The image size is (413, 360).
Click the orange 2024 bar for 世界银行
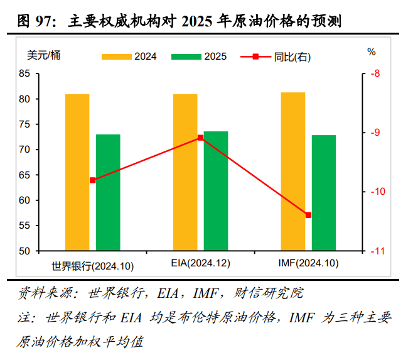pos(77,172)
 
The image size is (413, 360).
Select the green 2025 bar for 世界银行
pos(108,192)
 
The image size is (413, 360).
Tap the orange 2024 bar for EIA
pos(185,172)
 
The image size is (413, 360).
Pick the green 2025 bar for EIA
pos(216,191)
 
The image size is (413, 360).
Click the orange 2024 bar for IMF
pos(293,172)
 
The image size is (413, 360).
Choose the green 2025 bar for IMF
pos(324,193)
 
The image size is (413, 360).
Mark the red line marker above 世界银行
pos(93,180)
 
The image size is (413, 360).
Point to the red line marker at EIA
pos(201,138)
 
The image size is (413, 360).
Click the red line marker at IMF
pos(308,215)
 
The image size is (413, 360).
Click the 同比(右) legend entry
pos(276,57)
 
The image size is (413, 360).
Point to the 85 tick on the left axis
pos(25,74)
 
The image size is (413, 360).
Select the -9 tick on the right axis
pos(377,133)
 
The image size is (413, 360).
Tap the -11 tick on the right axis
pos(378,251)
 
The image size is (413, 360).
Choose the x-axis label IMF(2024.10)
pos(308,263)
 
